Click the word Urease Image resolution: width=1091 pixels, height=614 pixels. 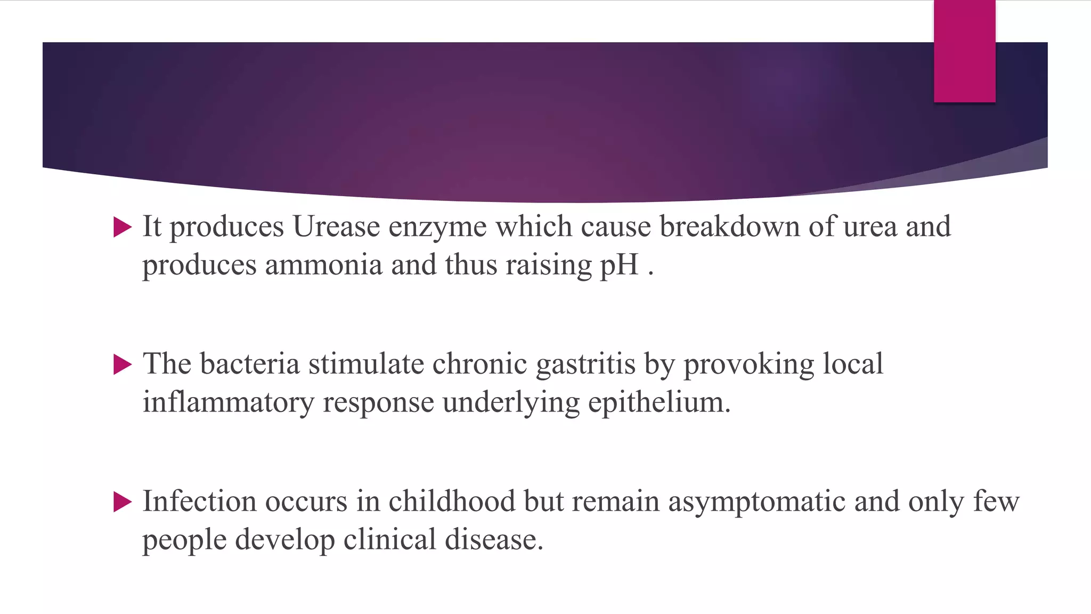(336, 227)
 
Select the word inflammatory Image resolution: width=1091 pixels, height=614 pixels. (228, 403)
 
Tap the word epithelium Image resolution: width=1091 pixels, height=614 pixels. (659, 403)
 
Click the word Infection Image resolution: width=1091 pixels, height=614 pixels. (199, 502)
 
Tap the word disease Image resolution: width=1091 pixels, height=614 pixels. (494, 540)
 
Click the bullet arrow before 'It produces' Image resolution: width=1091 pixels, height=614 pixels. (122, 228)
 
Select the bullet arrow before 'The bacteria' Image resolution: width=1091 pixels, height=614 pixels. (122, 365)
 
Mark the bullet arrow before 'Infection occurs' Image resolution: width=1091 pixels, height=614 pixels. (122, 503)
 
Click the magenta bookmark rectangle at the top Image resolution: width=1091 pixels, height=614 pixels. (964, 51)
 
